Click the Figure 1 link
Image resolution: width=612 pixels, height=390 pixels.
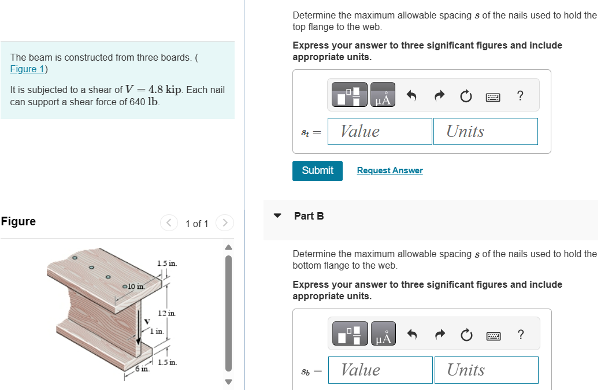click(27, 69)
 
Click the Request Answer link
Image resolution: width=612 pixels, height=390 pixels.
click(390, 170)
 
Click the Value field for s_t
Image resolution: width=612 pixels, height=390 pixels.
click(380, 132)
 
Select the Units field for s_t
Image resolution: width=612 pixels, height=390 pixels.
click(485, 132)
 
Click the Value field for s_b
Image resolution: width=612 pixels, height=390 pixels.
click(380, 370)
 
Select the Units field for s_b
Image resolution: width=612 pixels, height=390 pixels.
click(485, 370)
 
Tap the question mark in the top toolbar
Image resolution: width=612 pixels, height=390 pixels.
click(520, 96)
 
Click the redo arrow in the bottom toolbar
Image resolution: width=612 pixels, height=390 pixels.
click(439, 335)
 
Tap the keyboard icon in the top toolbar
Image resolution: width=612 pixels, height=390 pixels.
click(493, 96)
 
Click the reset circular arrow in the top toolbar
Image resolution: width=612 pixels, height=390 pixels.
click(466, 96)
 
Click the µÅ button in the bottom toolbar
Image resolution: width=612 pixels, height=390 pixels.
click(383, 335)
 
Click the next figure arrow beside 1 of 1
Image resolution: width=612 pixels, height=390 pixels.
click(225, 223)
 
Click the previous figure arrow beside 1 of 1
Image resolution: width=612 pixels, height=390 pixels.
click(168, 223)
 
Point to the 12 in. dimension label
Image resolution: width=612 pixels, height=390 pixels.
click(166, 313)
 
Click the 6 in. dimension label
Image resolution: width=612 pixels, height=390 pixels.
click(141, 368)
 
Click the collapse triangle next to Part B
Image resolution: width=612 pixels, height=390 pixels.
click(277, 216)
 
